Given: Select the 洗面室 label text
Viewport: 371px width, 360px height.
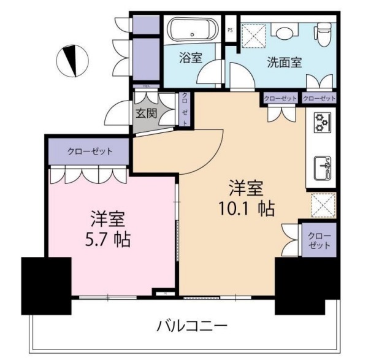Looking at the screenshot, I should click(x=284, y=62).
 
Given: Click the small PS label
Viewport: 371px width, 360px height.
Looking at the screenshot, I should click(x=230, y=29).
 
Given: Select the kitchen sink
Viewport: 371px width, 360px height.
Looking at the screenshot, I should click(x=321, y=166).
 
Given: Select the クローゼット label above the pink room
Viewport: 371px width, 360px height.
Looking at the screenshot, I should click(x=90, y=151).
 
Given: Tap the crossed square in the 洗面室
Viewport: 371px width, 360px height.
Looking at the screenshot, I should click(x=252, y=35).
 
